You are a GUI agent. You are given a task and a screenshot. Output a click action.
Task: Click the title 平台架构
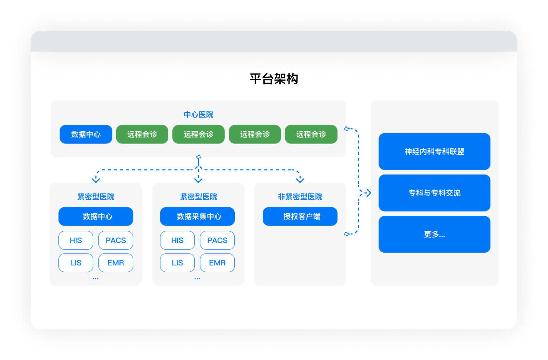pyautogui.click(x=274, y=79)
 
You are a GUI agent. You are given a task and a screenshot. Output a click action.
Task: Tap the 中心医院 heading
pyautogui.click(x=198, y=114)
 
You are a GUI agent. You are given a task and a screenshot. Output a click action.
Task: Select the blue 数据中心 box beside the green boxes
pyautogui.click(x=86, y=134)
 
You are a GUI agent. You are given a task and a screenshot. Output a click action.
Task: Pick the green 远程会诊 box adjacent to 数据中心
pyautogui.click(x=142, y=134)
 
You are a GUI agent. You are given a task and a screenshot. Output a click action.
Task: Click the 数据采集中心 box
pyautogui.click(x=197, y=216)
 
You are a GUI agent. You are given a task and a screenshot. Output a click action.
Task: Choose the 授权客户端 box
pyautogui.click(x=300, y=216)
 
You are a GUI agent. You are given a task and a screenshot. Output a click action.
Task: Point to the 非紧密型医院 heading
pyautogui.click(x=300, y=197)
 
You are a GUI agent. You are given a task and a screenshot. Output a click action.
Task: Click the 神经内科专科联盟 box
pyautogui.click(x=434, y=151)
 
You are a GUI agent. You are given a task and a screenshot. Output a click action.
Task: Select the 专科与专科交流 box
pyautogui.click(x=434, y=193)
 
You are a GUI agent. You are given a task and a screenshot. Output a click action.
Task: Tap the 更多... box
pyautogui.click(x=434, y=234)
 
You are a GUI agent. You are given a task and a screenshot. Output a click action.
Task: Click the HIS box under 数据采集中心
pyautogui.click(x=177, y=240)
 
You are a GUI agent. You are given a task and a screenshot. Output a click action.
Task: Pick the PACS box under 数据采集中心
pyautogui.click(x=217, y=240)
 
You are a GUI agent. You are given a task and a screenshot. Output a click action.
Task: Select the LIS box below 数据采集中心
pyautogui.click(x=177, y=263)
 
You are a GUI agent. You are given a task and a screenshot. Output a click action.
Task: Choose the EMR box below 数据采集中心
pyautogui.click(x=217, y=263)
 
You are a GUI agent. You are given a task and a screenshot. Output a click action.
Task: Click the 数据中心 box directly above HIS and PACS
pyautogui.click(x=96, y=216)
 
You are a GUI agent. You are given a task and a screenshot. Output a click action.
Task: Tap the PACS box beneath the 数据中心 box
pyautogui.click(x=116, y=240)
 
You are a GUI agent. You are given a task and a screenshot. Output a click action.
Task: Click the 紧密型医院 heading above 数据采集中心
pyautogui.click(x=198, y=197)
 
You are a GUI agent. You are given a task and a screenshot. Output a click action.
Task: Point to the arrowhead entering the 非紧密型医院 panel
pyautogui.click(x=300, y=180)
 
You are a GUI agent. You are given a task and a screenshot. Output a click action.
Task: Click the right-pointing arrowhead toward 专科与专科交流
pyautogui.click(x=368, y=193)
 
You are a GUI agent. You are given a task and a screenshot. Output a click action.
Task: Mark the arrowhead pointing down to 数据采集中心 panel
pyautogui.click(x=198, y=180)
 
